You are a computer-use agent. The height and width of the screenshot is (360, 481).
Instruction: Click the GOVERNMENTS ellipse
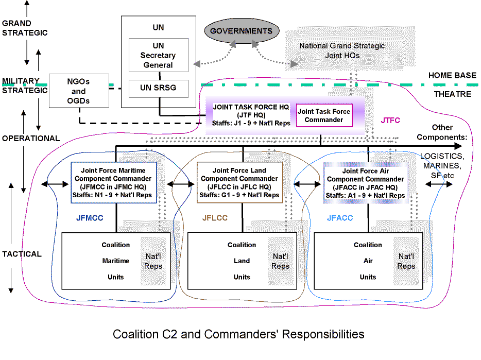point(242,31)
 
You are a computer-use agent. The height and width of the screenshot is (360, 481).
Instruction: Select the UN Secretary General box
point(158,55)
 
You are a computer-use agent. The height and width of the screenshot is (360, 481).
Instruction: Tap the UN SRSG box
point(158,89)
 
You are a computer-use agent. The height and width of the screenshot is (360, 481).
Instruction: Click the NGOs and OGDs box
point(79,91)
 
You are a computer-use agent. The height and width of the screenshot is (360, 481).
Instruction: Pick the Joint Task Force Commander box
point(324,115)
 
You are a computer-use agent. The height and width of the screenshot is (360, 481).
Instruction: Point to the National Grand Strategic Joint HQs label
point(342,50)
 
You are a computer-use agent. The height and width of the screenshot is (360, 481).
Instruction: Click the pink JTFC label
point(390,121)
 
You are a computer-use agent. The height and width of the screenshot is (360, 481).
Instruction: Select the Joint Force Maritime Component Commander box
point(113,183)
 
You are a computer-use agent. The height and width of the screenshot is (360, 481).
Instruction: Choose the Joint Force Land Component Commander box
point(239,183)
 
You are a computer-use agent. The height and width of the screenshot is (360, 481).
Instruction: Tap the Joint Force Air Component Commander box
point(365,183)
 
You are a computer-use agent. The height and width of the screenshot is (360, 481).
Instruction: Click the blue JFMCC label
point(90,218)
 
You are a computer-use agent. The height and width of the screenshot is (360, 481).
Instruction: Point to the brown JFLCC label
point(215,218)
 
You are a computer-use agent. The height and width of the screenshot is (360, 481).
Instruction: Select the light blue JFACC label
point(340,218)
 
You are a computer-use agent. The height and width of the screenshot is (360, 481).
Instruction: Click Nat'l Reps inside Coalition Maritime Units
point(153,261)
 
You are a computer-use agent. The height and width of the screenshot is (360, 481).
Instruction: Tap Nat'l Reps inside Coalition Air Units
point(406,261)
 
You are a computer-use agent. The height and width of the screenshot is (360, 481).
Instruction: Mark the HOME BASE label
point(452,76)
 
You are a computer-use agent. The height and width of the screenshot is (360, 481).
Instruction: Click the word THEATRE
point(453,94)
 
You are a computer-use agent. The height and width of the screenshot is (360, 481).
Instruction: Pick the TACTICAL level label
point(22,254)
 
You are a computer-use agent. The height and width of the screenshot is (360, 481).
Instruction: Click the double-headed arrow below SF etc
point(439,184)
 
